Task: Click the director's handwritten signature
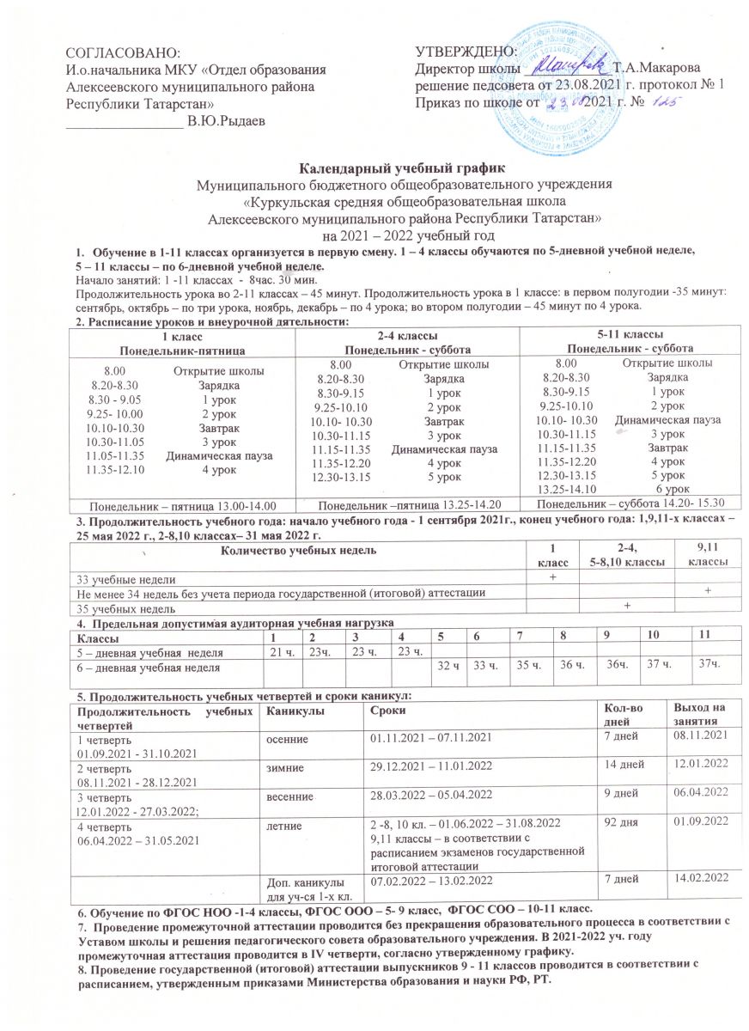click(567, 65)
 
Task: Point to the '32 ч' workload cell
click(446, 666)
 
